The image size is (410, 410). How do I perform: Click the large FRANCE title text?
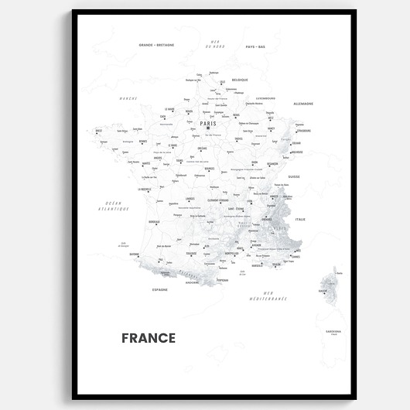(149, 338)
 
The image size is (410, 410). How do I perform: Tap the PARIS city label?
(208, 123)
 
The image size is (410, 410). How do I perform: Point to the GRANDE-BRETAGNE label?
(156, 46)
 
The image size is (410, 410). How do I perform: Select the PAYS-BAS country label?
(255, 46)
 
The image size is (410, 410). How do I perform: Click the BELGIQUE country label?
(239, 80)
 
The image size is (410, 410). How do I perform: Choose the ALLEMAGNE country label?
(303, 104)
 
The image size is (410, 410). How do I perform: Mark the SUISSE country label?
(294, 176)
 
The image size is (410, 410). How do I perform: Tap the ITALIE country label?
(300, 219)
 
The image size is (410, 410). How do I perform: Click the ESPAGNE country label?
(160, 289)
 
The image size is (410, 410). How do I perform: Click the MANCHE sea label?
(128, 98)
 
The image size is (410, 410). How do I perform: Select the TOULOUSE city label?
(191, 252)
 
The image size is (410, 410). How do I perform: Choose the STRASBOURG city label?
(303, 131)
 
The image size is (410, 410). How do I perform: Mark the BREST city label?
(98, 131)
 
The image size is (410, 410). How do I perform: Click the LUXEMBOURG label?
(266, 98)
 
